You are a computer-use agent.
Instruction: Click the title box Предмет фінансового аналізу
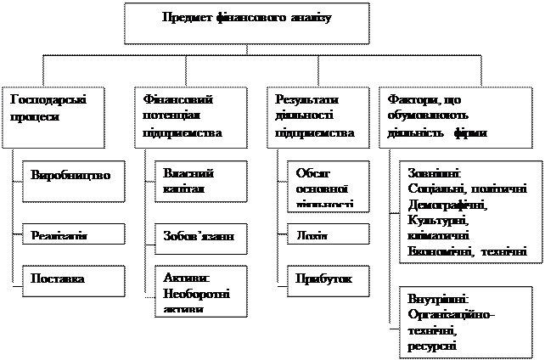247,23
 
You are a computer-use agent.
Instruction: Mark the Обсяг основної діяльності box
327,185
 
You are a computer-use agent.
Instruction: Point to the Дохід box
327,234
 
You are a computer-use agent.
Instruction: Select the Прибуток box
327,278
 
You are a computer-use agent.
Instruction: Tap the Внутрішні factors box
465,321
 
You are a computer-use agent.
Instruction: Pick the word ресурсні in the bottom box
430,346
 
